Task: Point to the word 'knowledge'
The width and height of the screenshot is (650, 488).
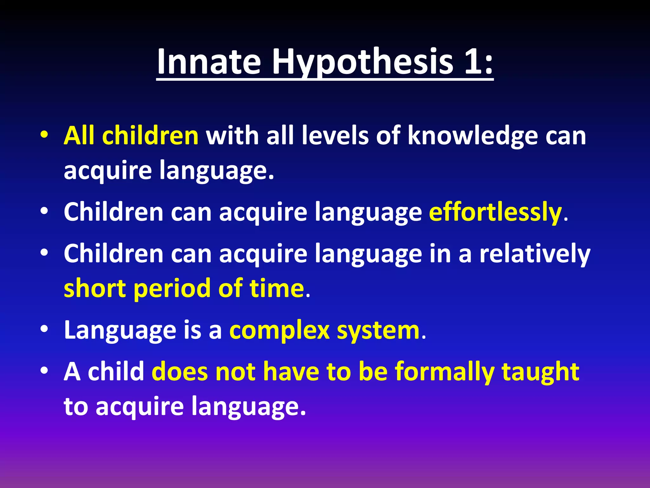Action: click(x=473, y=136)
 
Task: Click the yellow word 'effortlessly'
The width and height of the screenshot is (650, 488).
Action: click(x=495, y=212)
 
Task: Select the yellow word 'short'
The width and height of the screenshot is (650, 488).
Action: click(x=95, y=288)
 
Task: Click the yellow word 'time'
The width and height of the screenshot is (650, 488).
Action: click(x=277, y=288)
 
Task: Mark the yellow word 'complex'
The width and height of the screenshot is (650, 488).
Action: click(x=279, y=330)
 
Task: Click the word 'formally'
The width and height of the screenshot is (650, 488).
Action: click(x=444, y=372)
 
